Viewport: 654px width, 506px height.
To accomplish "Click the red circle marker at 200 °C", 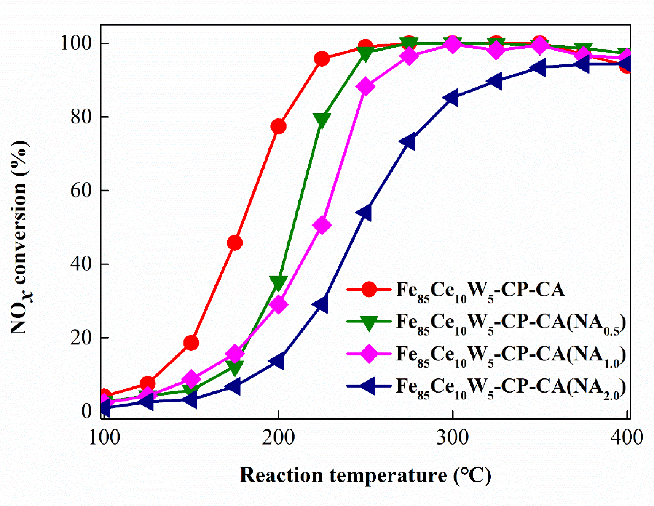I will click(278, 126).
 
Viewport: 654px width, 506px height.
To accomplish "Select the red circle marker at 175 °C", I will click(235, 243).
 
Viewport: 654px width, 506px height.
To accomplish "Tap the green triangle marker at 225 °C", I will click(322, 120).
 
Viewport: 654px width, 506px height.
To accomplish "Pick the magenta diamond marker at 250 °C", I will click(365, 87).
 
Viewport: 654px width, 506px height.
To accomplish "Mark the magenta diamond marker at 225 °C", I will click(322, 226).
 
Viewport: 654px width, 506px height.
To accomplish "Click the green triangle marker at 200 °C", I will click(278, 283).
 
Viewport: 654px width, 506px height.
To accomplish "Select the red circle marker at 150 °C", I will click(191, 343).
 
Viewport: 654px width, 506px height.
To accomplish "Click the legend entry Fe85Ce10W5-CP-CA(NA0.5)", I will click(510, 322).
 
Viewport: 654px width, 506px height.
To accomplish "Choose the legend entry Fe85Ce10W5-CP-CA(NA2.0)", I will click(510, 386).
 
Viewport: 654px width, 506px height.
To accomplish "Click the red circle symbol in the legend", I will click(369, 290).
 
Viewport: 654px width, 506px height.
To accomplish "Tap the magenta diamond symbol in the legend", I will click(369, 354).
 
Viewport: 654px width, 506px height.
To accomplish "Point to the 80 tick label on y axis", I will click(81, 117).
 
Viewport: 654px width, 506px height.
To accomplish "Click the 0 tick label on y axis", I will click(87, 411).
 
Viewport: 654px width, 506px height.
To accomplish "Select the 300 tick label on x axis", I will click(452, 438).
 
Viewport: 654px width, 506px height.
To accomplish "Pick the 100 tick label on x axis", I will click(104, 438).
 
